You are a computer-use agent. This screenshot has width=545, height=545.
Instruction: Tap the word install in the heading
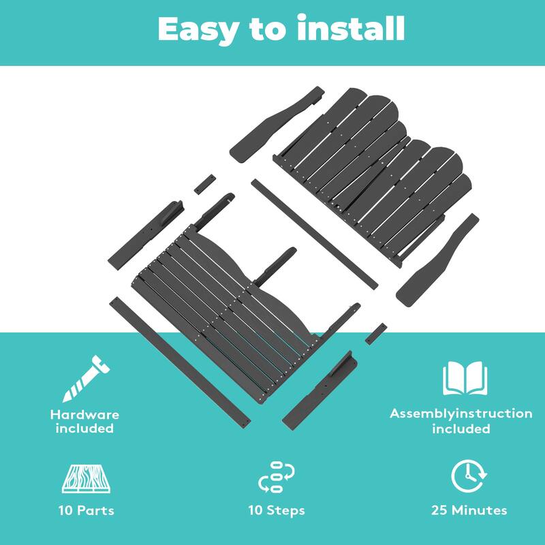(x=351, y=27)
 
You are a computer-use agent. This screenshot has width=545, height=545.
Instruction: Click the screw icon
(x=87, y=379)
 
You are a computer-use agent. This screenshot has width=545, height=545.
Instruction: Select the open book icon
(x=465, y=378)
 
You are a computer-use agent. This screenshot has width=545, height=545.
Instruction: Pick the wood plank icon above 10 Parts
(x=87, y=479)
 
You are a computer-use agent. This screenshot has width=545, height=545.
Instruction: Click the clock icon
(x=469, y=476)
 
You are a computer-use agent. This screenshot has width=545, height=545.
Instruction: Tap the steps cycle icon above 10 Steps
(x=277, y=477)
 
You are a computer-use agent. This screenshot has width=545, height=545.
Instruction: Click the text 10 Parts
(x=87, y=510)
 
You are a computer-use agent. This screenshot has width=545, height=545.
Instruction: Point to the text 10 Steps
(x=277, y=510)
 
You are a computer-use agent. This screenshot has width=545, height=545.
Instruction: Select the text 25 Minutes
(x=469, y=510)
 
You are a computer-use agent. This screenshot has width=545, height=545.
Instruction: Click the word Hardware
(x=84, y=415)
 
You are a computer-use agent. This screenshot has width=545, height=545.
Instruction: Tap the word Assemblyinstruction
(x=461, y=414)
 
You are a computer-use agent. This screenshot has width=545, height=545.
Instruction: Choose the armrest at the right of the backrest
(x=437, y=260)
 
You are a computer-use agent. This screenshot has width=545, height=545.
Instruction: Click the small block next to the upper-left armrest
(x=205, y=185)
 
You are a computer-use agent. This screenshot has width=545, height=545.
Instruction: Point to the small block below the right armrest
(x=376, y=334)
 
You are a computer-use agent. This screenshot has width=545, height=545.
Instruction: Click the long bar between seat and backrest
(x=315, y=234)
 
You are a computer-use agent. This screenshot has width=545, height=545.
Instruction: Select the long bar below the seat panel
(x=180, y=362)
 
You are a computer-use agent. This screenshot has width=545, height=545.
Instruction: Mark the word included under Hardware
(x=84, y=429)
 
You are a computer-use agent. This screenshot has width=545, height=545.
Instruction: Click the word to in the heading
(x=268, y=31)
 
